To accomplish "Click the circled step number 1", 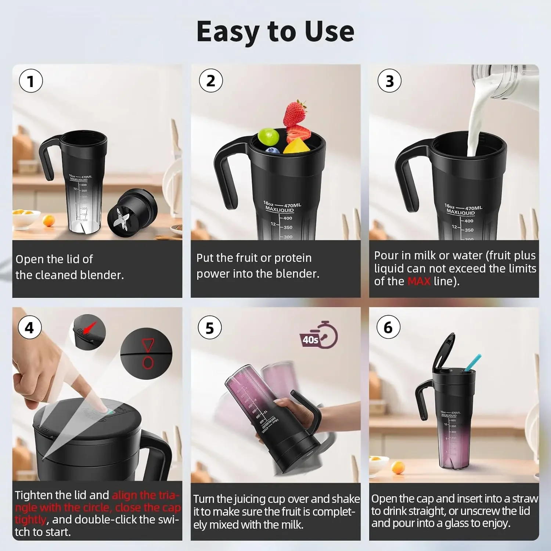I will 31,81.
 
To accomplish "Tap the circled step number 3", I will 389,81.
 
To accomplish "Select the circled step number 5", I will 210,328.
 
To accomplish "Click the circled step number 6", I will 388,327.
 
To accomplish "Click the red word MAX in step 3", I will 419,281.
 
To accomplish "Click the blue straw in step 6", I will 473,363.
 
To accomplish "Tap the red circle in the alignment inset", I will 148,363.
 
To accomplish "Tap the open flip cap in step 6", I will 444,353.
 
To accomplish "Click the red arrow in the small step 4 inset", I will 89,327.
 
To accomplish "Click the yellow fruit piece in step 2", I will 296,146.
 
